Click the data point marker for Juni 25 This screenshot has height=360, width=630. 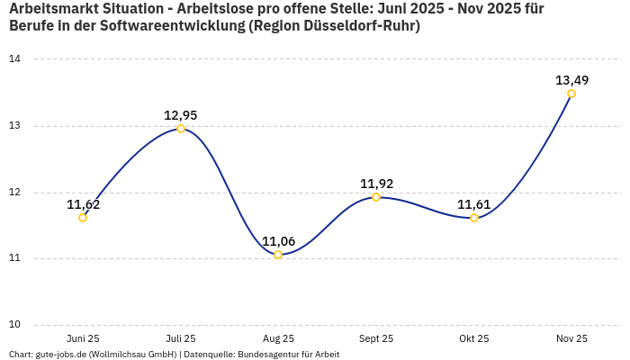(83, 218)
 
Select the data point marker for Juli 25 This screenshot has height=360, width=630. (181, 129)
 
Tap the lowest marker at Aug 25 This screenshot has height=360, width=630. (278, 255)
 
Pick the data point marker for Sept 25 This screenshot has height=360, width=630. (376, 197)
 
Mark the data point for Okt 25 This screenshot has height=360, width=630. (474, 218)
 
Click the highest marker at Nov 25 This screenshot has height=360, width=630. (571, 94)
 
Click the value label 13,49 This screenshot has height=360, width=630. (571, 80)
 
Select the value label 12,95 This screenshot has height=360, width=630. (181, 115)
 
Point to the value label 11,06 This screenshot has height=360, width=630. (278, 241)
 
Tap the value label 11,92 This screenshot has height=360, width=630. (376, 184)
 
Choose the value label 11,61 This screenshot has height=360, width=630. (474, 204)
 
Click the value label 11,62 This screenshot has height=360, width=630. (83, 204)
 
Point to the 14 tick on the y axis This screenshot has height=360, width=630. (15, 59)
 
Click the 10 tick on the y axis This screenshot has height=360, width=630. (15, 325)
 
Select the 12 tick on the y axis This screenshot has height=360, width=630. (15, 193)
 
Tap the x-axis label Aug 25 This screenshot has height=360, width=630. (278, 338)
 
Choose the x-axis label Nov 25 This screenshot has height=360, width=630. (571, 338)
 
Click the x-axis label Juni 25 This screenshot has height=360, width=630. (83, 338)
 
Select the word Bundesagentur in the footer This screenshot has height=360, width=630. (267, 355)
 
